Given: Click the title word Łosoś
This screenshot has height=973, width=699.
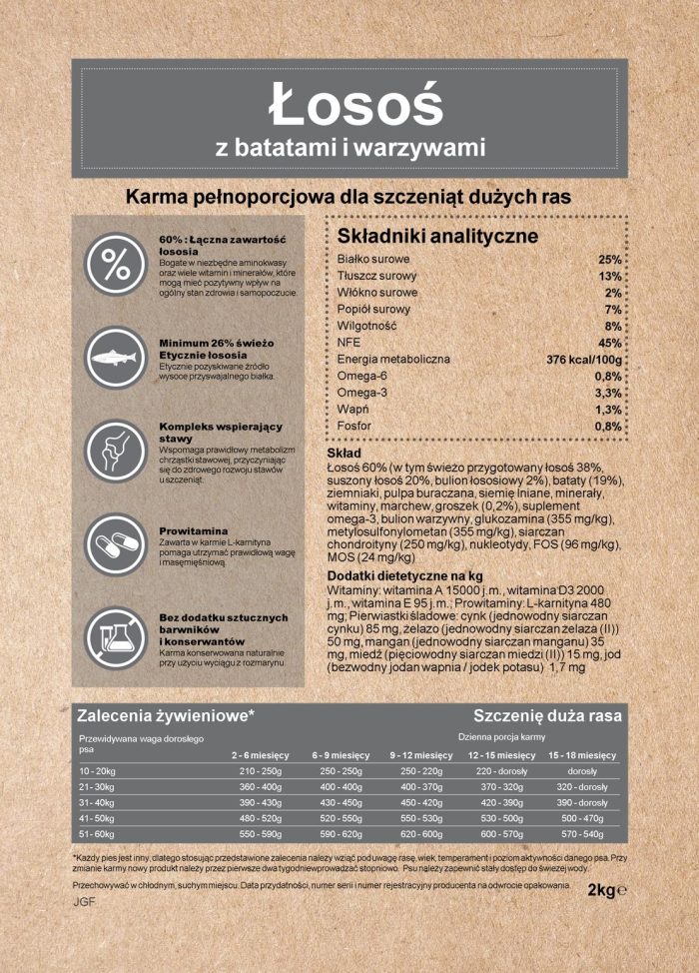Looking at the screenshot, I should [x=349, y=103].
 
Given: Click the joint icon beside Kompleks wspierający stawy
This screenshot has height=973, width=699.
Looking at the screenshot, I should [x=116, y=451].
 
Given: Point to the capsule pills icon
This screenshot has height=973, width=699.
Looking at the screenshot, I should [x=116, y=545].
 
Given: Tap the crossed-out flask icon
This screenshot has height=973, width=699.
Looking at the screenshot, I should [x=116, y=638].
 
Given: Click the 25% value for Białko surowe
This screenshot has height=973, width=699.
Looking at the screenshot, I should [x=610, y=260].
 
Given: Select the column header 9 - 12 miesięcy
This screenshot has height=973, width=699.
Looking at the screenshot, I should [x=420, y=754].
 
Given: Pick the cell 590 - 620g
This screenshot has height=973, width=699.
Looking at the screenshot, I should [x=341, y=833].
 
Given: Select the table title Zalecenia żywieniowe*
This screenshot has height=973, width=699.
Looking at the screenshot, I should [x=166, y=715].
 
